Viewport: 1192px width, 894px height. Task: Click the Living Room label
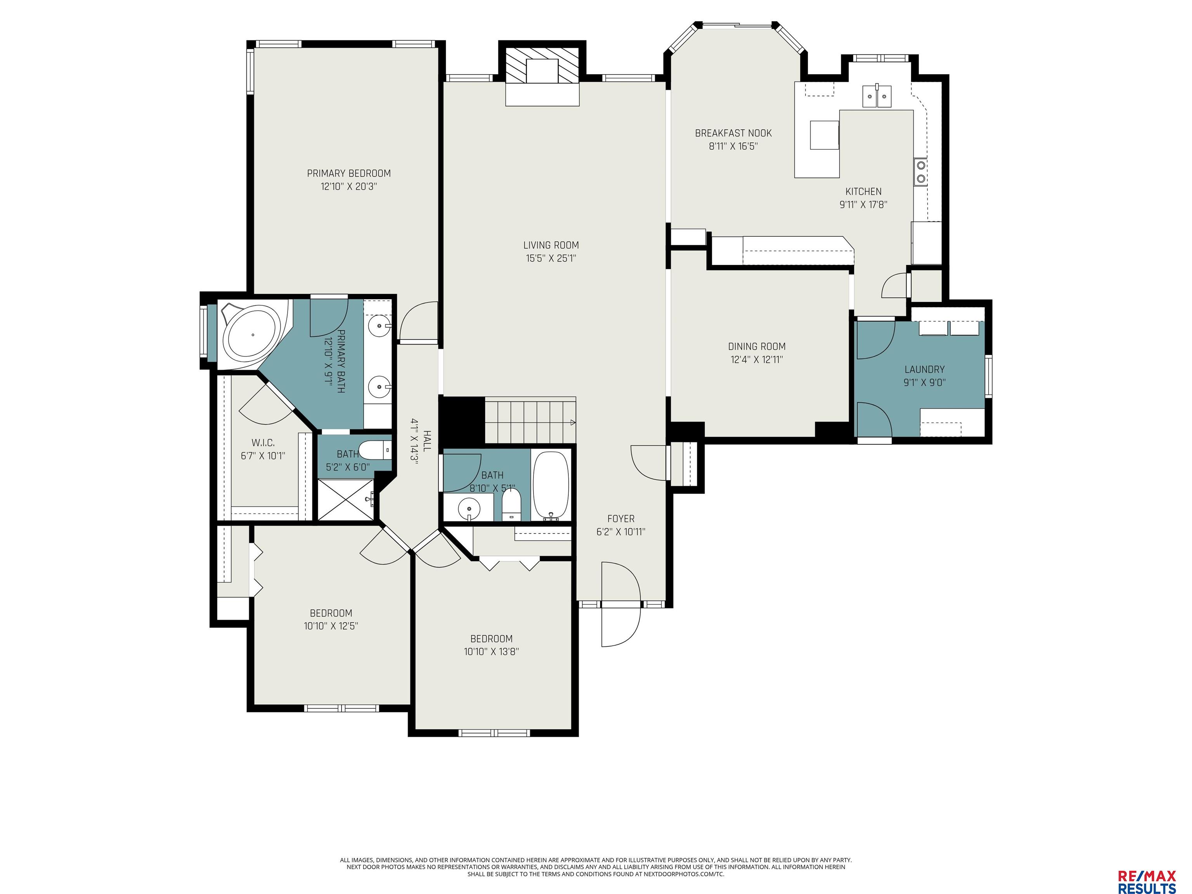551,245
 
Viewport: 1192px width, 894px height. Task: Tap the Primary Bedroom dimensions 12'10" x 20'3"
349,187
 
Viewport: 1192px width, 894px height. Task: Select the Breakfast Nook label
733,133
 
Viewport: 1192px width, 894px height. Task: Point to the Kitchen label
863,191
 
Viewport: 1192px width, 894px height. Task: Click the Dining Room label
757,347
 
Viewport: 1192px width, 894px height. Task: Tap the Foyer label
621,518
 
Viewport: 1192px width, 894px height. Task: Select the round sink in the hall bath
469,508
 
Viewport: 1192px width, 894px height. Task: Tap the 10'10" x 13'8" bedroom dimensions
491,651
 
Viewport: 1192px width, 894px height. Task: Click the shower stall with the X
345,499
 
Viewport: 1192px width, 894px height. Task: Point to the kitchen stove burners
920,172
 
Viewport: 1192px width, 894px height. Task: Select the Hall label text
427,440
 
